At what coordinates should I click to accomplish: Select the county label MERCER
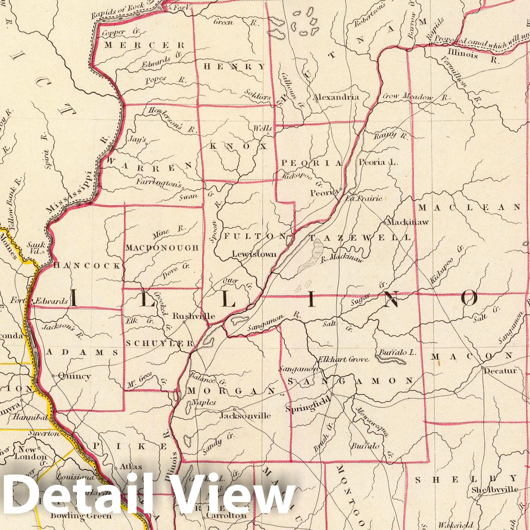point(144,45)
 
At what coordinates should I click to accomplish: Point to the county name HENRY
point(235,67)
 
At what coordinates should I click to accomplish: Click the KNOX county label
point(238,146)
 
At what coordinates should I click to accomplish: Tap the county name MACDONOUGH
point(162,248)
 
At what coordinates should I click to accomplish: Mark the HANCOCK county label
point(87,265)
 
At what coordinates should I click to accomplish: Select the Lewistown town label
point(254,254)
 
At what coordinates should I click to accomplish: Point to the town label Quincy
point(74,376)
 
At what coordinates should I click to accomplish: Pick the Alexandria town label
point(336,97)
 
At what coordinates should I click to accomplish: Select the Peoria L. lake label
point(378,162)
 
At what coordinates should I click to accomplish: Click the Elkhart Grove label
point(343,359)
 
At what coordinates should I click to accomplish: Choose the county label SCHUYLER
point(159,344)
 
